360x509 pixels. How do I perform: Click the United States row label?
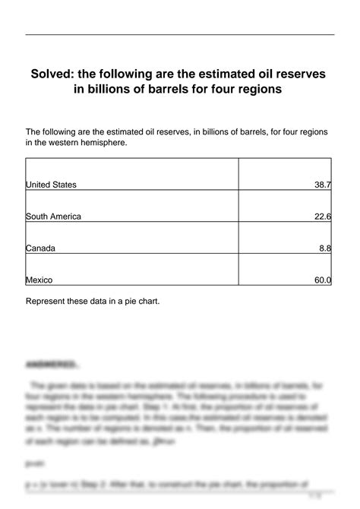coord(51,185)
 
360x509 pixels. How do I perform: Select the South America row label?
coord(53,217)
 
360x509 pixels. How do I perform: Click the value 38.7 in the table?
coord(323,185)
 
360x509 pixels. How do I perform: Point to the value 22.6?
coord(323,217)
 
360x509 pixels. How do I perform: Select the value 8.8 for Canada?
coord(325,248)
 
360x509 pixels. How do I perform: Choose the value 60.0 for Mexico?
coord(323,280)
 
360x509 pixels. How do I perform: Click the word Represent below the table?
coord(47,300)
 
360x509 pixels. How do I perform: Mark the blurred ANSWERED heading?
coord(50,364)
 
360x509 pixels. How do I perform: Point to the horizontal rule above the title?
coord(180,35)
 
